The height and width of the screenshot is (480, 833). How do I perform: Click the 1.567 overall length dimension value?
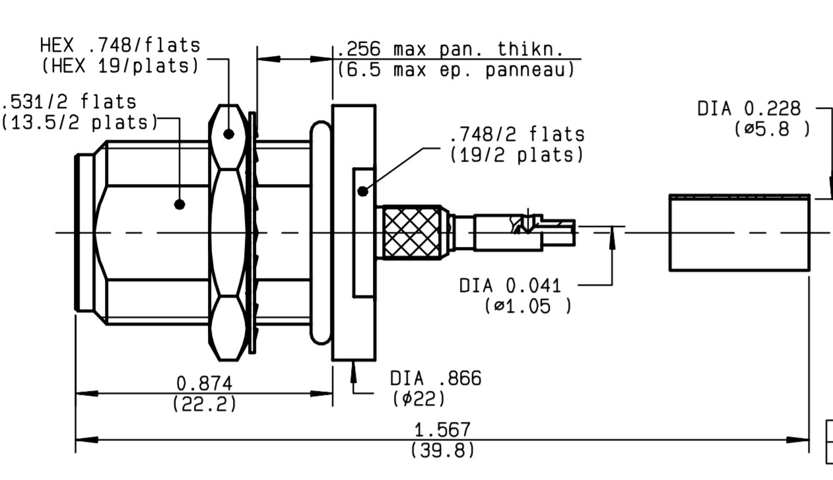coord(442,430)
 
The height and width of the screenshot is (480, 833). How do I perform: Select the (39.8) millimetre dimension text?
coord(442,450)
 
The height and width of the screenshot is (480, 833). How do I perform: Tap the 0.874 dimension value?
coord(204,384)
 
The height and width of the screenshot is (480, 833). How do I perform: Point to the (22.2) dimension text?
coord(204,403)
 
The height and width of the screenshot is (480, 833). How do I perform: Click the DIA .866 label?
coord(436,378)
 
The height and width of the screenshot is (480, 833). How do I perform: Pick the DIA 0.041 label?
coord(510,286)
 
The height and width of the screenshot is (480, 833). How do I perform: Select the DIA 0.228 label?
coord(749,109)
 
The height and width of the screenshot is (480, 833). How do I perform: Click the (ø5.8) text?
coord(772,129)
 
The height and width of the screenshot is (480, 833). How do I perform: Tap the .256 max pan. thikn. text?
coord(450,49)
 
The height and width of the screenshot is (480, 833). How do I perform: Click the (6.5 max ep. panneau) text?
coord(456,70)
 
